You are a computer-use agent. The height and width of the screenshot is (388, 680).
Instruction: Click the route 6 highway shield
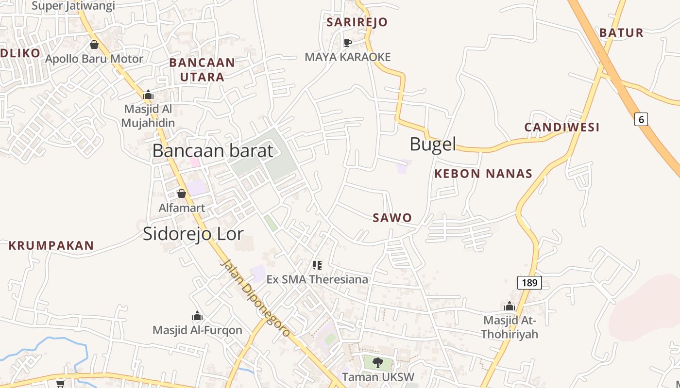(x=641, y=119)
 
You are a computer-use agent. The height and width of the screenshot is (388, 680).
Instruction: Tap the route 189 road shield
(x=529, y=283)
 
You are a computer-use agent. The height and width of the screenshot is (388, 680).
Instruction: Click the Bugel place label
(x=433, y=144)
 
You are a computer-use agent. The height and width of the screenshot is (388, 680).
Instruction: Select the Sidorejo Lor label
(x=193, y=234)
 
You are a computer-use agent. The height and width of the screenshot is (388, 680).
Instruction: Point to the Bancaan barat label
(x=213, y=151)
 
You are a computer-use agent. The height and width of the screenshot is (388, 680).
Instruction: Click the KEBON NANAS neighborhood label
(x=483, y=174)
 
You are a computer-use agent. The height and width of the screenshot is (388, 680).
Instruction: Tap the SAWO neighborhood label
(x=392, y=218)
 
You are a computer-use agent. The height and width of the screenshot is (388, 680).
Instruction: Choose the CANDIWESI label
(x=562, y=127)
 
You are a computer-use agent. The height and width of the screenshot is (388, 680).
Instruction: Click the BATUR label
(x=621, y=33)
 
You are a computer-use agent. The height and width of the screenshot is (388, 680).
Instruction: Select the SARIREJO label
(x=357, y=22)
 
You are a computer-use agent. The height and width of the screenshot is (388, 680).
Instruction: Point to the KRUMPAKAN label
(x=51, y=245)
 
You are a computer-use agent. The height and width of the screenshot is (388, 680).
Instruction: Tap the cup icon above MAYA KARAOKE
(x=348, y=43)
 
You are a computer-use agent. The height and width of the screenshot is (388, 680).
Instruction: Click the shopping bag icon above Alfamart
(x=182, y=194)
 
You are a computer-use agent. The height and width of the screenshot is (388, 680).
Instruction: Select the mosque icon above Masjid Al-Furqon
(x=197, y=316)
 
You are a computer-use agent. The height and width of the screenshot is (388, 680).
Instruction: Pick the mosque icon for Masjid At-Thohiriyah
(x=510, y=306)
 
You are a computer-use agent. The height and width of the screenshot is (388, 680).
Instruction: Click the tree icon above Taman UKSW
(x=377, y=362)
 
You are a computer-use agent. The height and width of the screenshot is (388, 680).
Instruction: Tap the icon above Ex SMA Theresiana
(x=317, y=265)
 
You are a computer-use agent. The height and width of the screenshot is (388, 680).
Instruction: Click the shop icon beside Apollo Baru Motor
(x=94, y=45)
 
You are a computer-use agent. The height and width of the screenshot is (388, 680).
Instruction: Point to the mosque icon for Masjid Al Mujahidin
(x=148, y=95)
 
